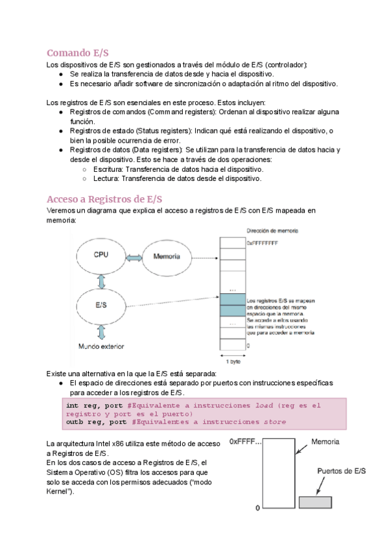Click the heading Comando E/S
[82, 53]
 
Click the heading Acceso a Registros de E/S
[104, 198]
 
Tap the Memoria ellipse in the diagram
[167, 257]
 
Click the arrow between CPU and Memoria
[134, 257]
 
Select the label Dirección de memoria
[273, 230]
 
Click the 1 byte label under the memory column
[232, 361]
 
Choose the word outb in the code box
[75, 422]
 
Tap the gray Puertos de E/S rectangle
[315, 503]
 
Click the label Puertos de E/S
[341, 472]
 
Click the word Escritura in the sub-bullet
[110, 169]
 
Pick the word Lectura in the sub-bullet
[107, 178]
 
